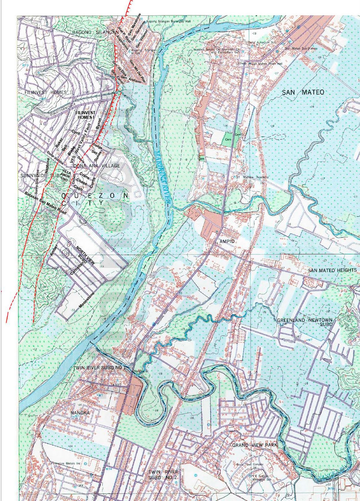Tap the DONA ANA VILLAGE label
click(x=92, y=166)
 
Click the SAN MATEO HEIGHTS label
click(x=332, y=270)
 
